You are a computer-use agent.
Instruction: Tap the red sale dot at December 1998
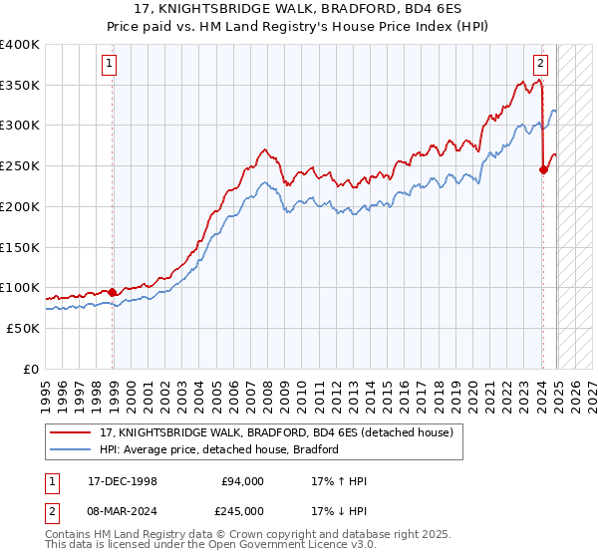(x=113, y=292)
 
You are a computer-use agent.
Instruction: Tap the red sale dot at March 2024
(x=543, y=169)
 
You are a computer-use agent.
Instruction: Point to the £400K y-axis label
(x=19, y=45)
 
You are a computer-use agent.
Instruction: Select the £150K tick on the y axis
(x=19, y=247)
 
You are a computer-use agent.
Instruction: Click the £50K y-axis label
(x=23, y=328)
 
